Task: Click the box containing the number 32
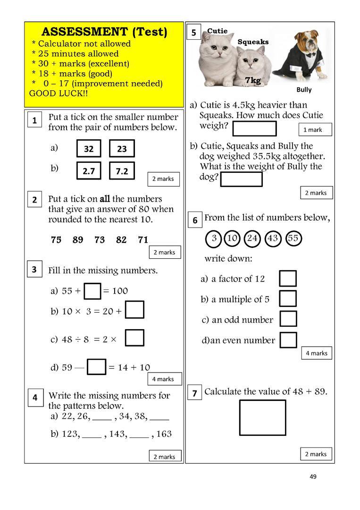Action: coord(89,149)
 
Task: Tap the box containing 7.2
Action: coord(122,171)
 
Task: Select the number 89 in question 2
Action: coord(78,240)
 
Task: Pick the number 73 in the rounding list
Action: coord(100,240)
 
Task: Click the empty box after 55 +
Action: coord(92,291)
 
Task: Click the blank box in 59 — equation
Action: coord(97,367)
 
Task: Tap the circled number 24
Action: coord(252,238)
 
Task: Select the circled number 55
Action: coord(293,238)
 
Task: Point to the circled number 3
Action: coord(214,238)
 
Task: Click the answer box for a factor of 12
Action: coord(288,278)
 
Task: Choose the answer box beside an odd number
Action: coord(288,319)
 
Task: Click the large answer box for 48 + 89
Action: coord(262,417)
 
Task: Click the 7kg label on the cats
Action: coord(253,81)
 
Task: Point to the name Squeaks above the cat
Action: coord(253,42)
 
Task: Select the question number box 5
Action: coord(194,33)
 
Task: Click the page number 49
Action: coord(313,476)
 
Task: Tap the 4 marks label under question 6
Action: coord(317,353)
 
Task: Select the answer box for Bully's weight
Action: coord(241,179)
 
